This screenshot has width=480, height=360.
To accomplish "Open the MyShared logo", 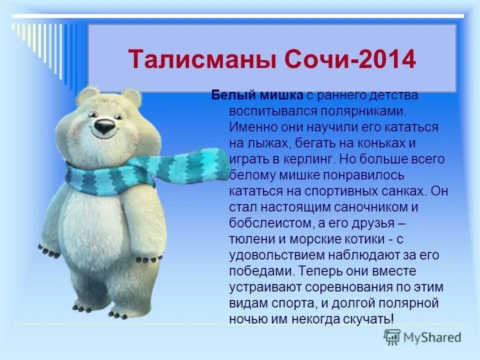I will point(422,336).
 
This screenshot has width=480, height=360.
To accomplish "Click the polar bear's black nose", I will point(104,126).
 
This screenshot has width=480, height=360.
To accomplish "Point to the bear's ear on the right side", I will point(131,96).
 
